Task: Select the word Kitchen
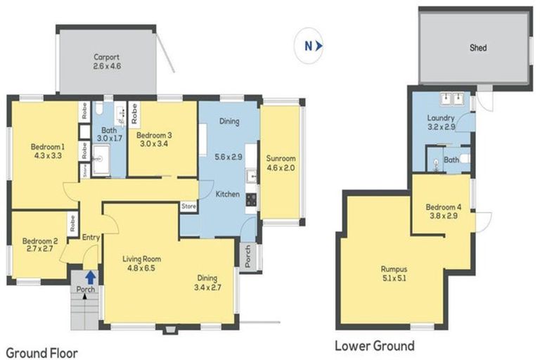point(228,194)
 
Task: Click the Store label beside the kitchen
point(188,207)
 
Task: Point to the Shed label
point(478,48)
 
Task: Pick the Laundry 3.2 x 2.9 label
point(441,123)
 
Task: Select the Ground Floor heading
point(41,352)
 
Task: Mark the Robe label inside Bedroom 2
point(72,224)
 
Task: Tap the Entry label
point(91,238)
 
